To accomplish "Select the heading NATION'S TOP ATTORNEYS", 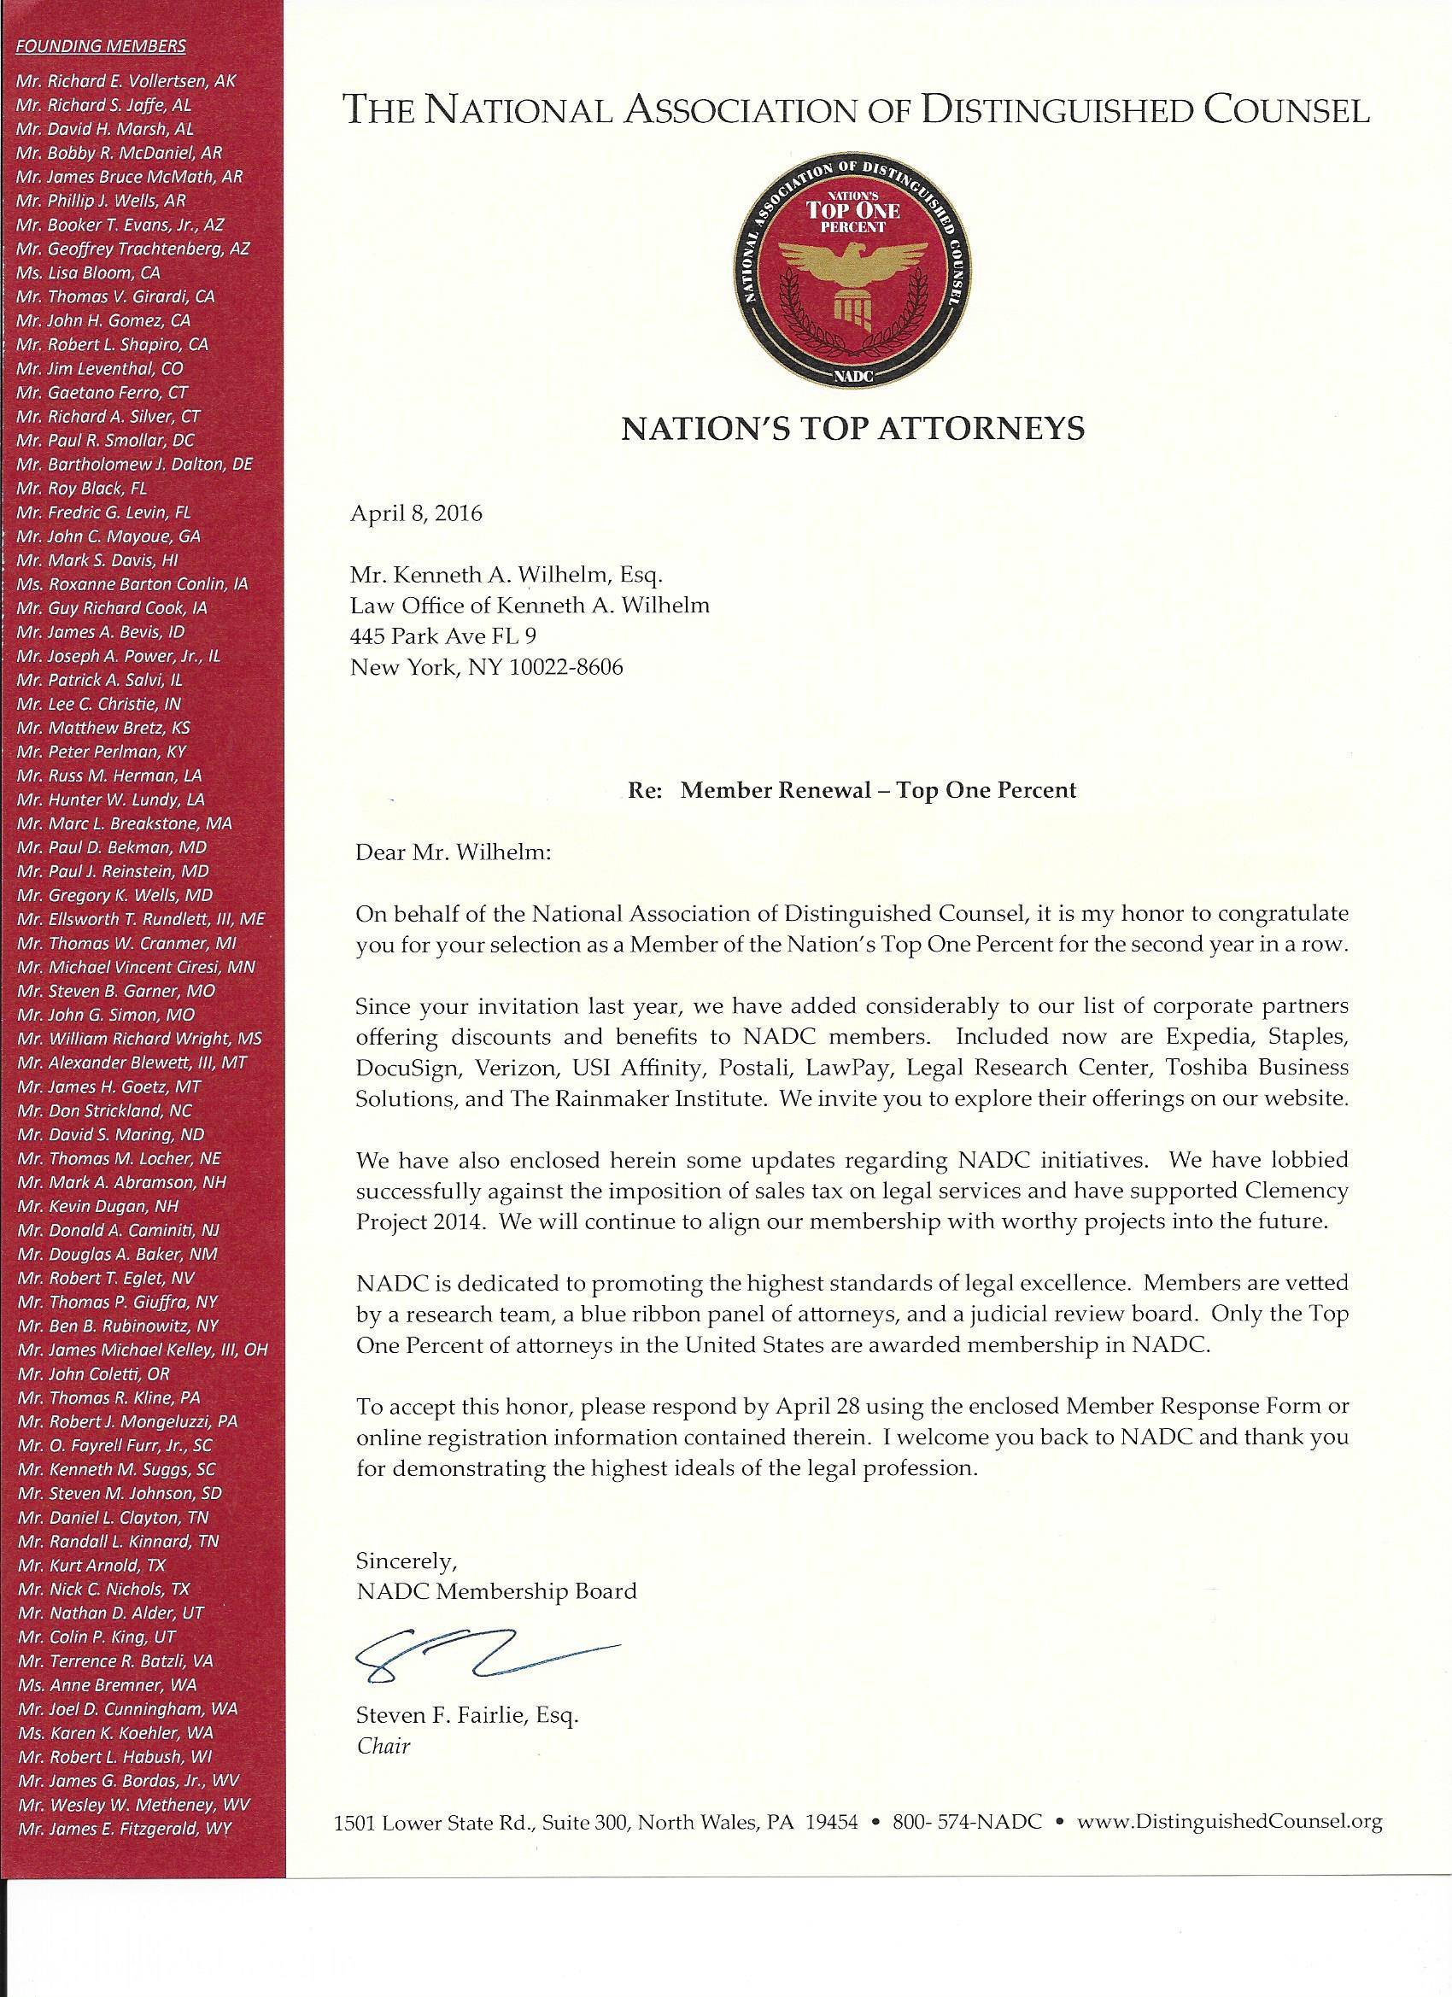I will tap(853, 428).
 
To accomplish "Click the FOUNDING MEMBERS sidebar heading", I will tap(102, 46).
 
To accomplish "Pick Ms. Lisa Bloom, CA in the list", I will tap(88, 273).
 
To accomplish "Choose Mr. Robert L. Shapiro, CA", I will tap(113, 345).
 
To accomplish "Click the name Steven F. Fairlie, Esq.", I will tap(465, 1715).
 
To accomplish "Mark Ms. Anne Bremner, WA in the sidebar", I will tap(107, 1684).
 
